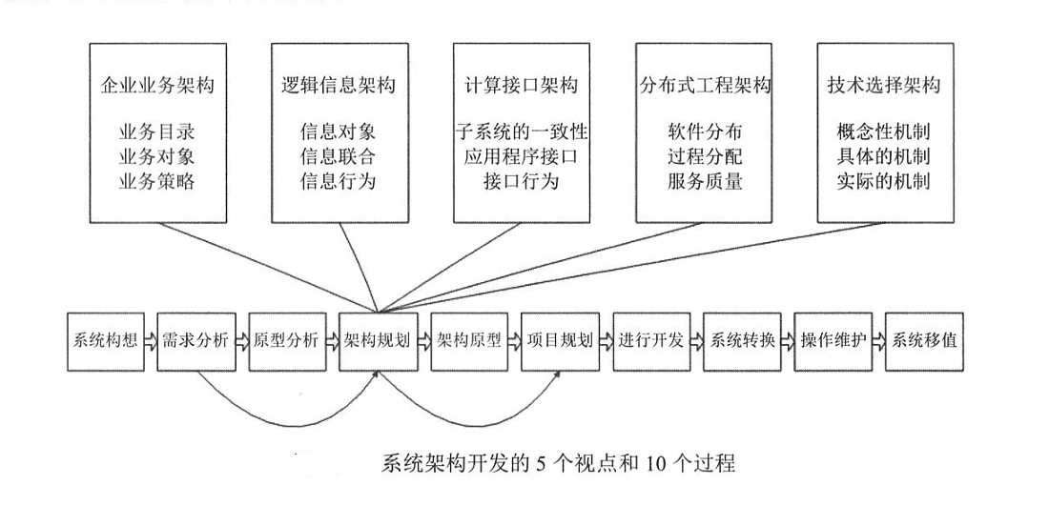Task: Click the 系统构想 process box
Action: coord(102,341)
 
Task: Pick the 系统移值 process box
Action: coord(922,341)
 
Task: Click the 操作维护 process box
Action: coord(832,341)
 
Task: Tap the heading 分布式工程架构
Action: coord(704,86)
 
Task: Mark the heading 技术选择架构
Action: coord(883,86)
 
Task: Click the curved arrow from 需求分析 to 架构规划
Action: coord(286,411)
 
